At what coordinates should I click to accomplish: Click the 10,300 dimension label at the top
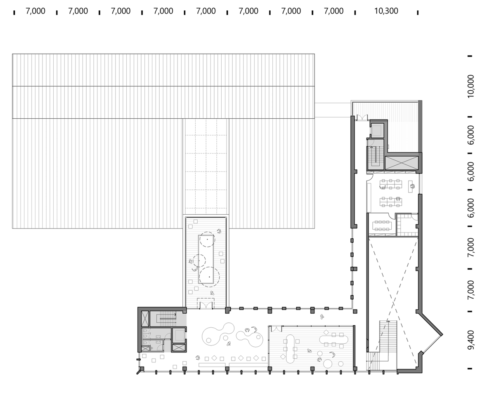pos(386,11)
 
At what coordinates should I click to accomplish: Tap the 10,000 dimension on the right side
pos(471,86)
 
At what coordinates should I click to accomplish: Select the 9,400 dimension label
pos(471,340)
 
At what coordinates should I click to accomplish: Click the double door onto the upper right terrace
pos(362,117)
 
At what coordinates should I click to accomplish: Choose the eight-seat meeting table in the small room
pos(382,225)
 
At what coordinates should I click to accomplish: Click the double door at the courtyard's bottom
pos(206,303)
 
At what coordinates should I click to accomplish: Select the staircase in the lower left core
pos(163,318)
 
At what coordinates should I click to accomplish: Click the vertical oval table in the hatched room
pos(290,348)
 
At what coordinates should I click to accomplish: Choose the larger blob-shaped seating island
pos(218,334)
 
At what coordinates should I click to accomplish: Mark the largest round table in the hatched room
pos(328,363)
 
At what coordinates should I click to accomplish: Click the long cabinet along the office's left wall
pos(369,197)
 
